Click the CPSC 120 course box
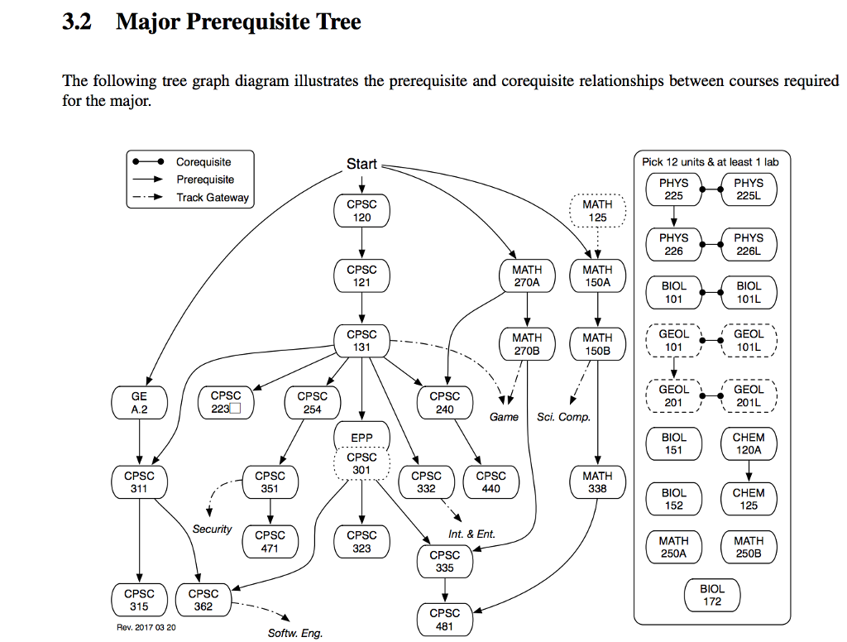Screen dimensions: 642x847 [361, 211]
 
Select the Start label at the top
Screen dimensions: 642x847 [361, 165]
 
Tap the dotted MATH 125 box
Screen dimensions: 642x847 [597, 211]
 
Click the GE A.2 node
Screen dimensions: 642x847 [139, 403]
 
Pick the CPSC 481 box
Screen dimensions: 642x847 [444, 620]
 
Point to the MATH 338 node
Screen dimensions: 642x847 [597, 482]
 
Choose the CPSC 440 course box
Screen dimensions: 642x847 [490, 482]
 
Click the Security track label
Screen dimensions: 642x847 [213, 529]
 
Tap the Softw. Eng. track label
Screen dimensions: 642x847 [295, 633]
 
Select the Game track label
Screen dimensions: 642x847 [504, 417]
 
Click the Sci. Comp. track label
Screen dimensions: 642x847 [563, 417]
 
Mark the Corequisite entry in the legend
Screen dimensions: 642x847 [203, 162]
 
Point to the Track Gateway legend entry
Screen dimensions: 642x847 [212, 198]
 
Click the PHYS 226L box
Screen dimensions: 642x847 [749, 244]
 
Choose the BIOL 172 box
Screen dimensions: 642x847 [711, 595]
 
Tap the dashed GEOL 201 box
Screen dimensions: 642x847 [673, 395]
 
